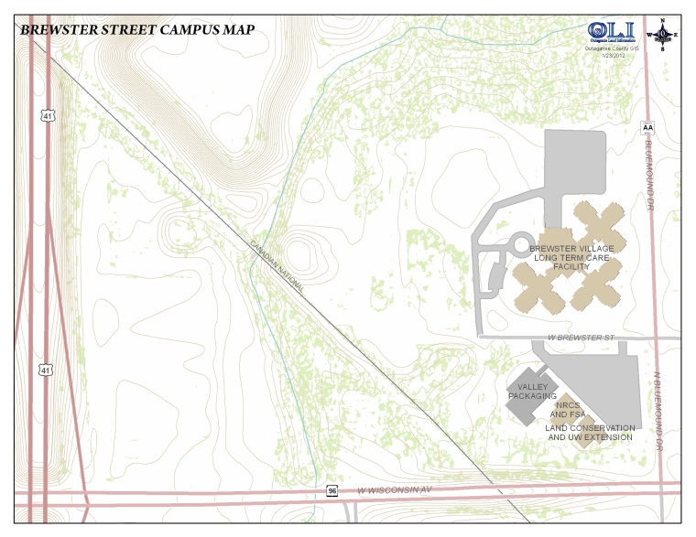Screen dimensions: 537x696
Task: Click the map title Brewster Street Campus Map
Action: click(137, 28)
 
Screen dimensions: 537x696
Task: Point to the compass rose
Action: click(662, 35)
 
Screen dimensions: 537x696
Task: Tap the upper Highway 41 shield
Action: click(46, 116)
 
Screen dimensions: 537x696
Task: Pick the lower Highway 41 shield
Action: click(46, 369)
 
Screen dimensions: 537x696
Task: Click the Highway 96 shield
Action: click(332, 491)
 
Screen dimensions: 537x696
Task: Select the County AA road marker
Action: click(647, 128)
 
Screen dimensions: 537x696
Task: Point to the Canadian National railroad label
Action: click(278, 265)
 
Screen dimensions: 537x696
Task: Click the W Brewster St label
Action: click(580, 338)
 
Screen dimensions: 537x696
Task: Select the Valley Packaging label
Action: click(531, 392)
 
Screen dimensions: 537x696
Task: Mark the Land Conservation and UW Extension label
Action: click(590, 433)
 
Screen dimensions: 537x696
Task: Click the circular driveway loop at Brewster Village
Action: click(520, 244)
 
